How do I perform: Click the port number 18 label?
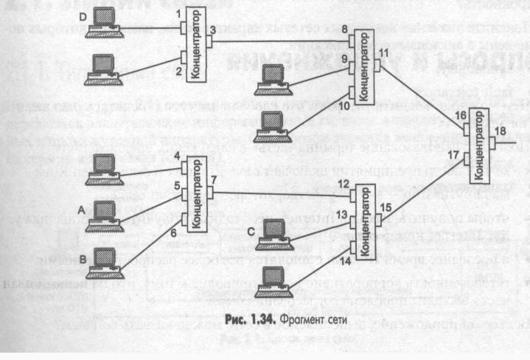501,131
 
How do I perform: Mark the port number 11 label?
386,52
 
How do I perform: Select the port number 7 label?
215,180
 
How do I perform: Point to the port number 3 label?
212,29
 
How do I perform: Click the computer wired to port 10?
268,122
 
